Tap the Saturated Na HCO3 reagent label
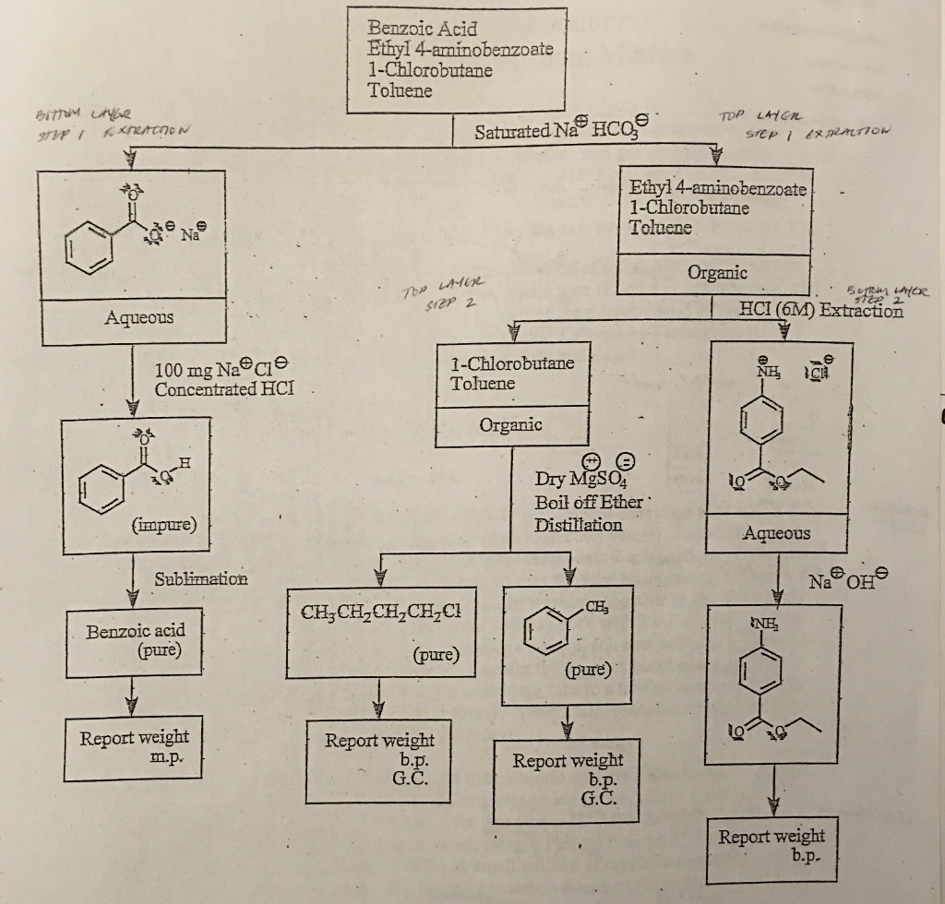pyautogui.click(x=563, y=131)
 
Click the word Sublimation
pyautogui.click(x=201, y=578)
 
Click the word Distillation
pyautogui.click(x=579, y=525)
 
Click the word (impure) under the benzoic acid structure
pyautogui.click(x=170, y=525)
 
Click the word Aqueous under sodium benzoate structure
pyautogui.click(x=138, y=317)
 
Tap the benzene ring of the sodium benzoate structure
pyautogui.click(x=90, y=250)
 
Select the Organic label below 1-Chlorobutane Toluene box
pyautogui.click(x=510, y=424)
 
